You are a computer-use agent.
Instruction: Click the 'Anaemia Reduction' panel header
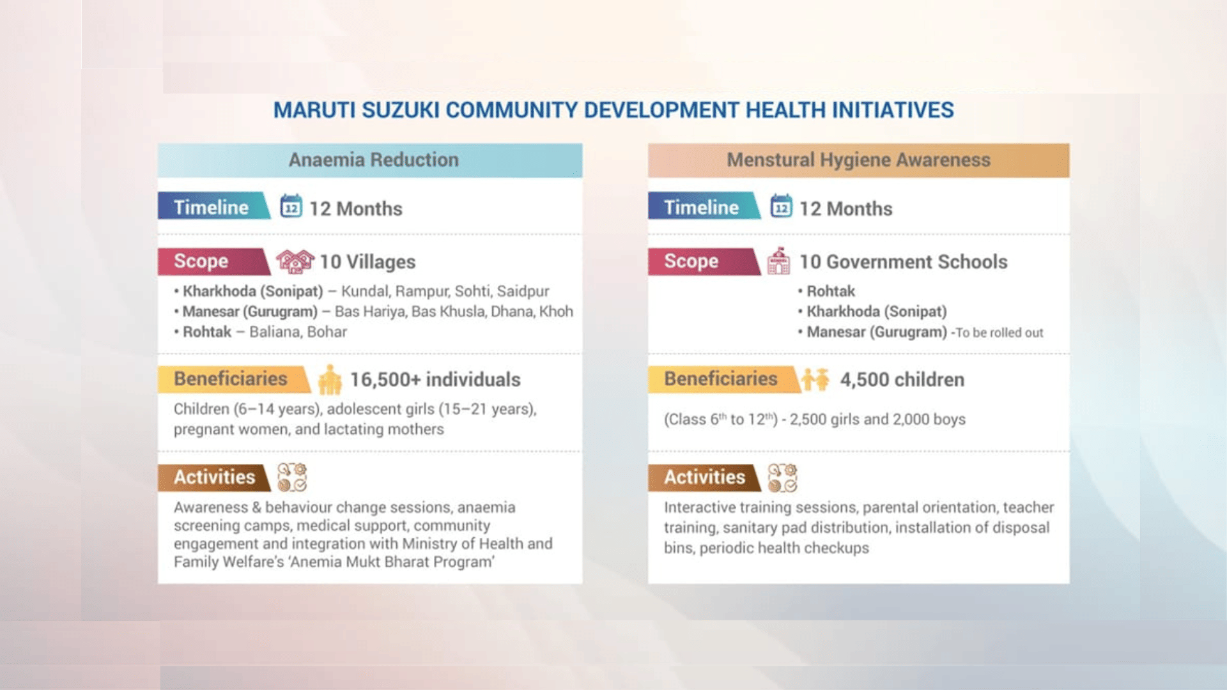click(373, 160)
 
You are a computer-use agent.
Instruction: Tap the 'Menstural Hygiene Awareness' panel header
click(858, 160)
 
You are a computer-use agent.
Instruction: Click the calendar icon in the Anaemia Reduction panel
click(291, 206)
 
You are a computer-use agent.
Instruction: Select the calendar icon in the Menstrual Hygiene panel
click(781, 206)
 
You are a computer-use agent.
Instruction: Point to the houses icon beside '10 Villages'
click(295, 261)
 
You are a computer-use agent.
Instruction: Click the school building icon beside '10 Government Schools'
click(778, 261)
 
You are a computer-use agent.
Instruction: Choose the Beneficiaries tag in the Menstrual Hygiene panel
click(720, 379)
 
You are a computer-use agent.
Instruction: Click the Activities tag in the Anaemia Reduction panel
click(214, 477)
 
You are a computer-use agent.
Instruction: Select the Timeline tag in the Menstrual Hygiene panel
click(701, 207)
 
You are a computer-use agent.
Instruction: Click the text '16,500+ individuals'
click(435, 379)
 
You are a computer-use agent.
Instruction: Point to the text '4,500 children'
click(902, 379)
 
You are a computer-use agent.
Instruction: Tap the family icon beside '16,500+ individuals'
click(330, 379)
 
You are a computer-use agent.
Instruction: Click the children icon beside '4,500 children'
click(815, 379)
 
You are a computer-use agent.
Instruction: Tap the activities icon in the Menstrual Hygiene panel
click(782, 478)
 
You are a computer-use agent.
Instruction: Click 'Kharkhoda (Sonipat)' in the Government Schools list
click(876, 312)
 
